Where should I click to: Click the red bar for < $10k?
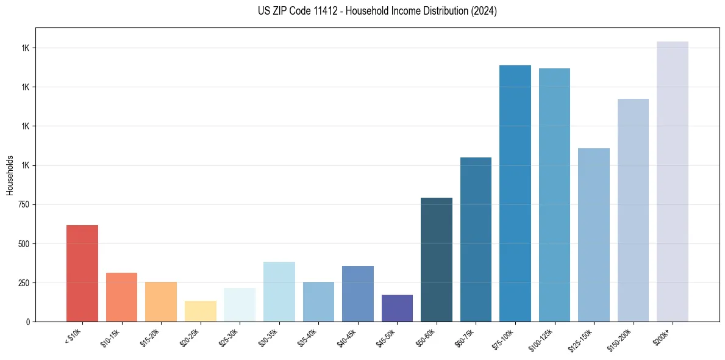[82, 273]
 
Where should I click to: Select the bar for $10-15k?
[121, 297]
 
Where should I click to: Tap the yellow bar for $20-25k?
[201, 311]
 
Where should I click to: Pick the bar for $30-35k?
[279, 292]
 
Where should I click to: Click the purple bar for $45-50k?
[397, 308]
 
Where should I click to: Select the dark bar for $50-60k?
[437, 259]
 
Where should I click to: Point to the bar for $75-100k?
[515, 193]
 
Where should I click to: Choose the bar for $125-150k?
[594, 235]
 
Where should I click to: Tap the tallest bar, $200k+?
[673, 181]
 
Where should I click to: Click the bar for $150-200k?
[633, 210]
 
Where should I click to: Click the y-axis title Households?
[10, 175]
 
